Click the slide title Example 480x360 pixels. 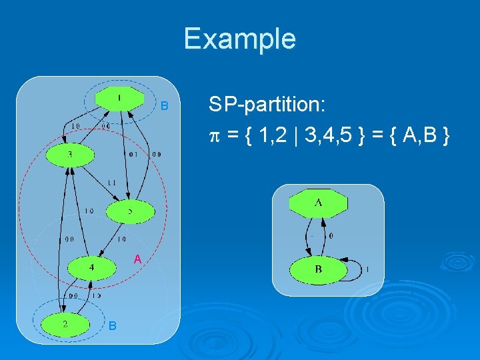(x=239, y=39)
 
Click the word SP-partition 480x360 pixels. (x=266, y=105)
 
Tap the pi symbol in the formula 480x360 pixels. (x=213, y=137)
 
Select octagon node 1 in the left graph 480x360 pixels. (x=119, y=99)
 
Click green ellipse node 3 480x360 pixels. (x=70, y=155)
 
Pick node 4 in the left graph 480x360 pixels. (x=92, y=268)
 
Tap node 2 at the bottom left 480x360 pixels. (x=65, y=324)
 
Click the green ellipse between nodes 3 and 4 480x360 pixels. (x=130, y=212)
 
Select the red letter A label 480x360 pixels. (x=136, y=258)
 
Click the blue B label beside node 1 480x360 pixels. (x=166, y=107)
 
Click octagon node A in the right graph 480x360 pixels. (x=318, y=203)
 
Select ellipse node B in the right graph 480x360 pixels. (x=318, y=270)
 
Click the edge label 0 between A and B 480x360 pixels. (x=331, y=235)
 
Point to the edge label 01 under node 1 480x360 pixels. (x=133, y=155)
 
